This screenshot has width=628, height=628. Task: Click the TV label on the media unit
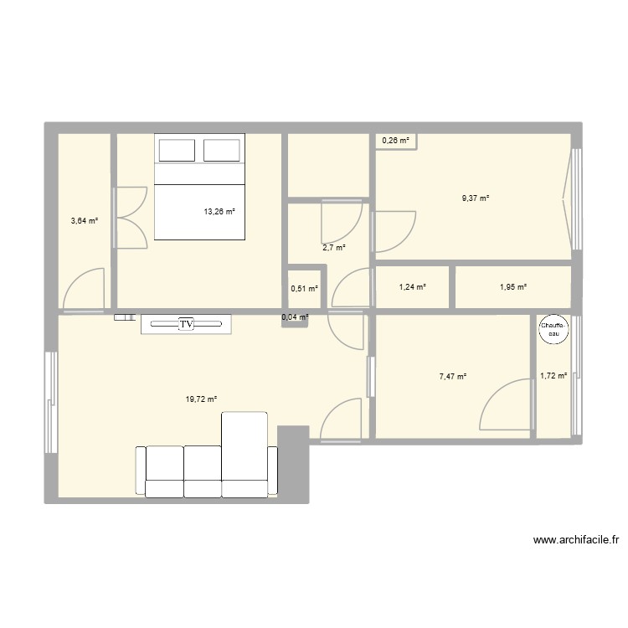(186, 323)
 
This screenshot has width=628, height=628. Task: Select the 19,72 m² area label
(202, 399)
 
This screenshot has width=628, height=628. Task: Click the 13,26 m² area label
(219, 212)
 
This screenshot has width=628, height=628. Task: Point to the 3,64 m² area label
(85, 221)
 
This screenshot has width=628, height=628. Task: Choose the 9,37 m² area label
(476, 198)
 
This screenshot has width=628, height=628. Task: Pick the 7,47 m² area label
(453, 377)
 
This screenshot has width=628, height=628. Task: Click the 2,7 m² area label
(334, 247)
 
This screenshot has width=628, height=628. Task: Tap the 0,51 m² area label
(305, 289)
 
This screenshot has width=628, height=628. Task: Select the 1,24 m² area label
(413, 287)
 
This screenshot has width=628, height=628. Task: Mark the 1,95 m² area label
(512, 287)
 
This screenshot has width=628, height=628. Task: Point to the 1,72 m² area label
(553, 377)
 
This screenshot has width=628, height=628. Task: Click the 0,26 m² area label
(396, 141)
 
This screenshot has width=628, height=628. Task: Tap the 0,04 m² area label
(295, 317)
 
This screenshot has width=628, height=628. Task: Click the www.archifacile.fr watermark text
(577, 541)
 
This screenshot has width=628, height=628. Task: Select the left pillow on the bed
(177, 150)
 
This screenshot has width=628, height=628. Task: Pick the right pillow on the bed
(222, 150)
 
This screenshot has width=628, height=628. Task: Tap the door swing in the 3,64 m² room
(85, 289)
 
